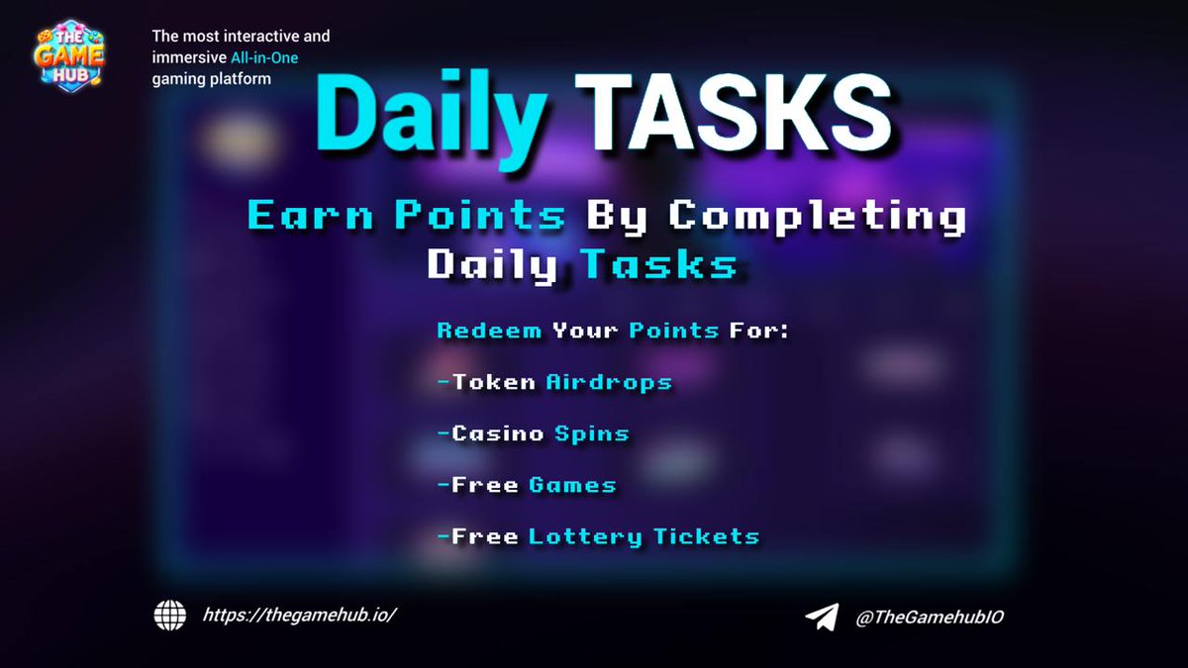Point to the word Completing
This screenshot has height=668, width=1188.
coord(816,217)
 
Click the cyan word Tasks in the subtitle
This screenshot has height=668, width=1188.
coord(658,264)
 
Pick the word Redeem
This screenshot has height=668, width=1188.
coord(489,331)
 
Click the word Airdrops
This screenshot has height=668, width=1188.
coord(609,382)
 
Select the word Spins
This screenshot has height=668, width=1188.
coord(591,433)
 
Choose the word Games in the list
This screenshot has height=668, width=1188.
coord(572,485)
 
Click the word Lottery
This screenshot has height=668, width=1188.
coord(585,537)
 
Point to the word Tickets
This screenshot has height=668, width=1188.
coord(706,537)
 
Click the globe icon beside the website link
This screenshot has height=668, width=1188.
coord(170,616)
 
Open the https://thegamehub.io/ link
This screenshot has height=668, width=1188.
coord(300,615)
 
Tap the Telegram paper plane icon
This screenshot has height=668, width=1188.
coord(822,617)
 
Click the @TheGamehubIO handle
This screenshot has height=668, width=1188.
coord(930,617)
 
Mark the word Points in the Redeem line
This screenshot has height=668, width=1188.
coord(673,331)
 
